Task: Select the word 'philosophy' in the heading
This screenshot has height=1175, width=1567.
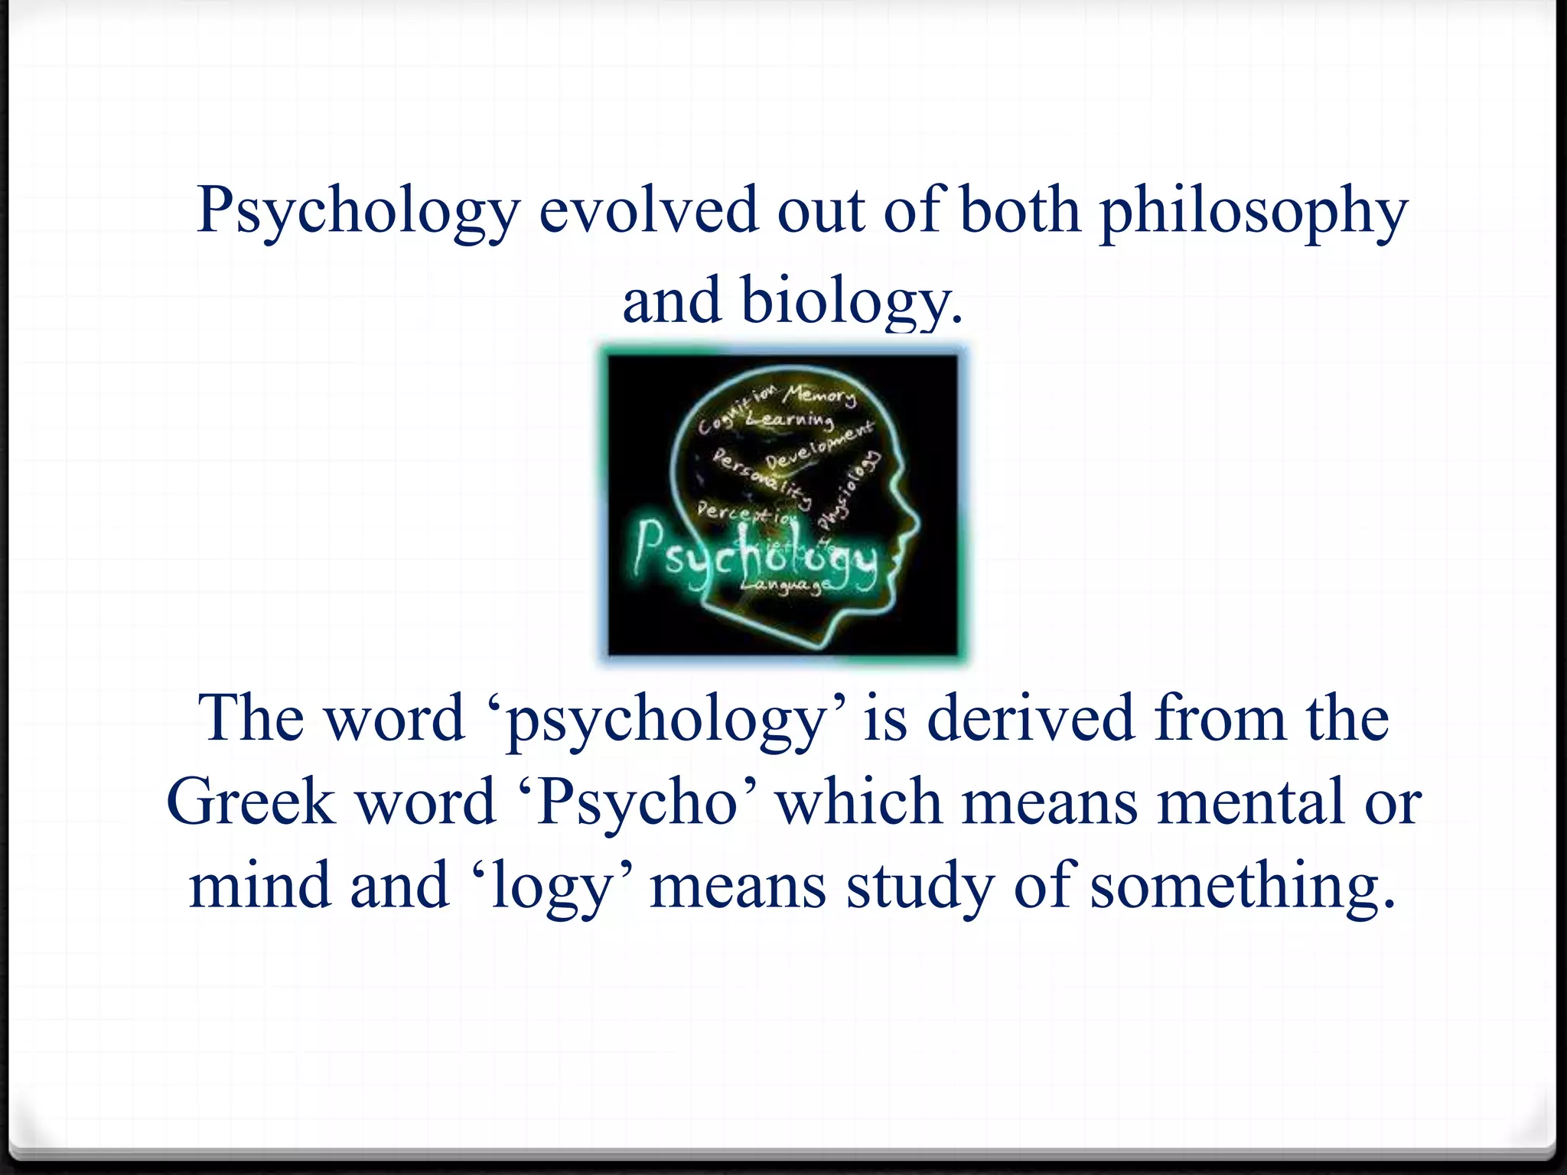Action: coord(1253,213)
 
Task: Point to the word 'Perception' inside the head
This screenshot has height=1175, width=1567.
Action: coord(747,513)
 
